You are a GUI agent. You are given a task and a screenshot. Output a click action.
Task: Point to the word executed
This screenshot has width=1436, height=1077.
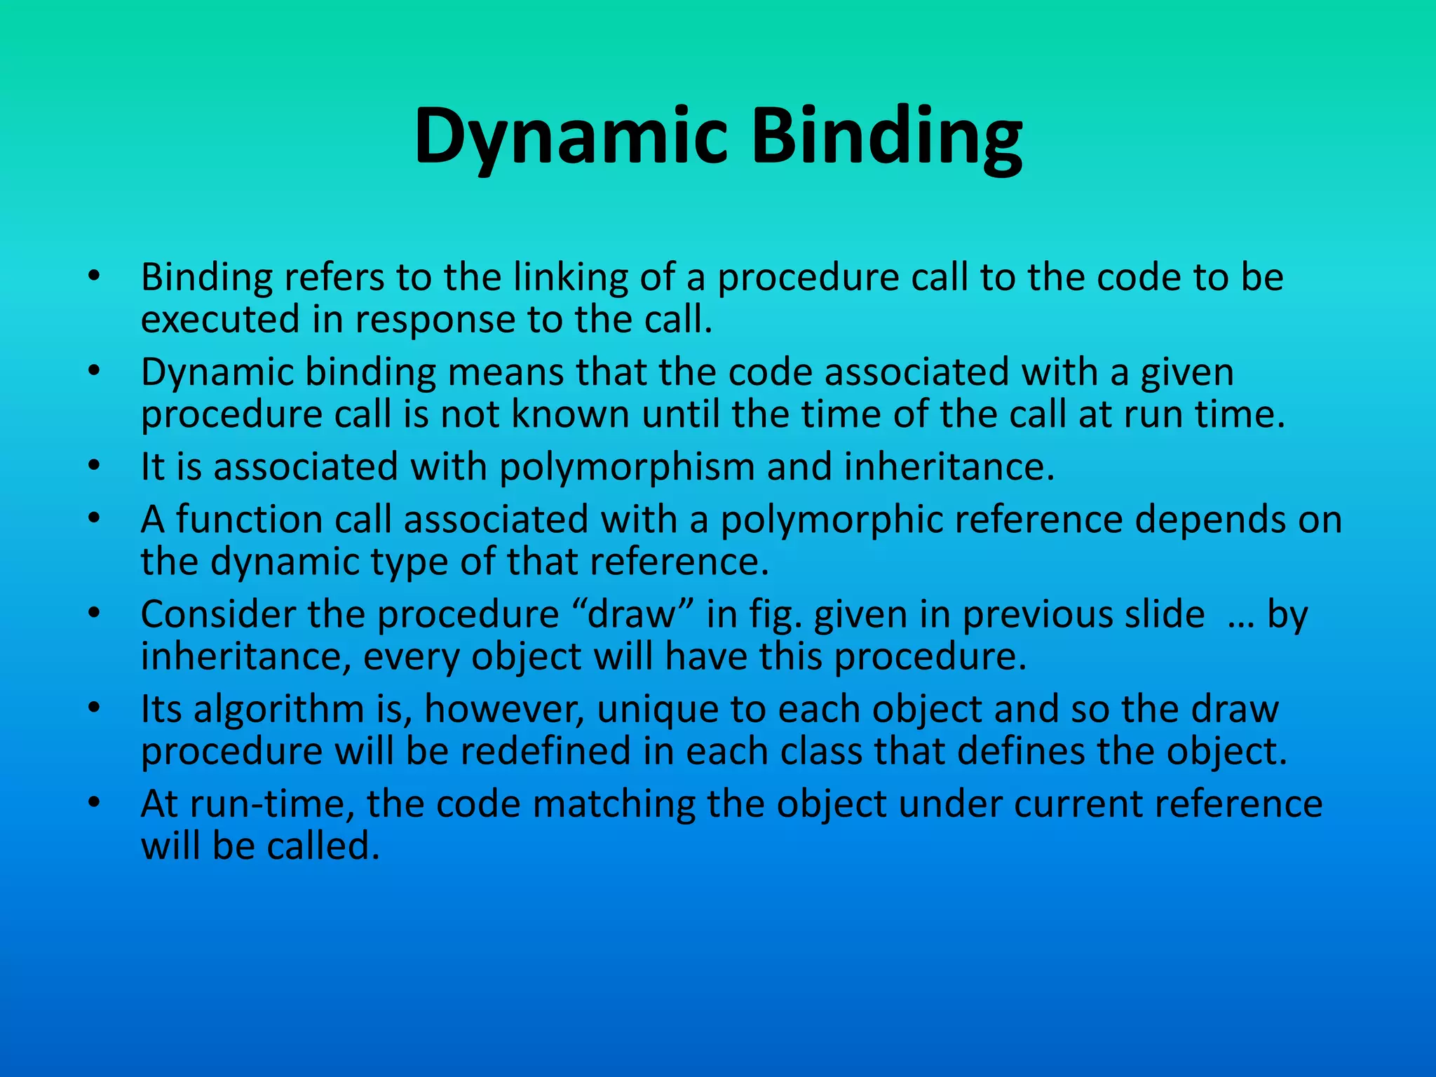[220, 320]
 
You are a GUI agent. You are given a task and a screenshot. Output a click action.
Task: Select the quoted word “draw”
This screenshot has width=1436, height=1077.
[632, 614]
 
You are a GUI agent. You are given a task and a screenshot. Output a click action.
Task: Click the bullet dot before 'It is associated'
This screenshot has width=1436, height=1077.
[95, 466]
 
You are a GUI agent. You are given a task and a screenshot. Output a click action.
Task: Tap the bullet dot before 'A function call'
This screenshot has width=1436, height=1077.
[95, 519]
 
